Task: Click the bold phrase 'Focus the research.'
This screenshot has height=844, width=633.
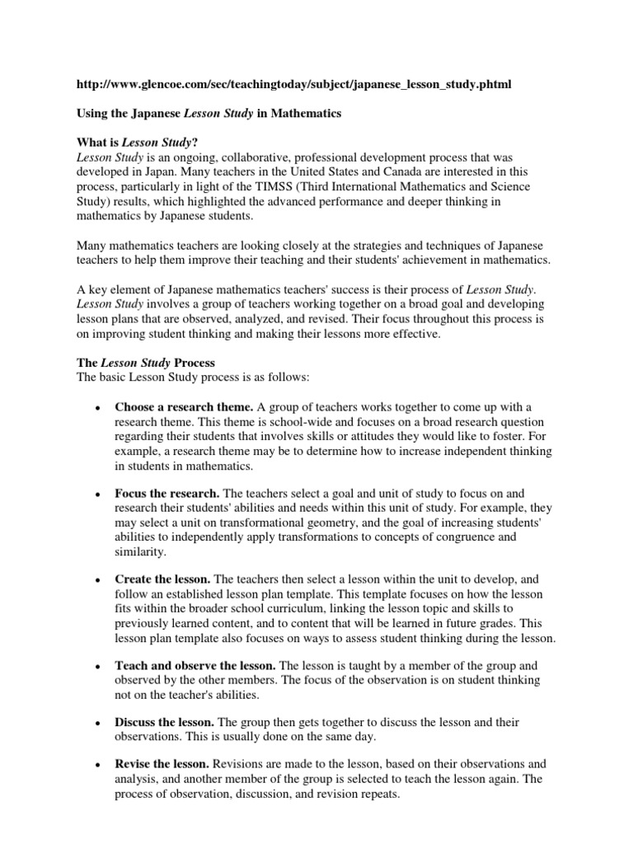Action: tap(167, 492)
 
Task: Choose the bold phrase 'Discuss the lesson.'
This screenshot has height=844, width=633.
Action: tap(169, 723)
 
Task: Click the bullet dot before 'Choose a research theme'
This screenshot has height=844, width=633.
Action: tap(98, 408)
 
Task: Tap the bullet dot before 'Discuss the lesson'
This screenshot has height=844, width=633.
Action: tap(98, 724)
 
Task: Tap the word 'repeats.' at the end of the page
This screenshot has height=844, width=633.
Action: tap(376, 796)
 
